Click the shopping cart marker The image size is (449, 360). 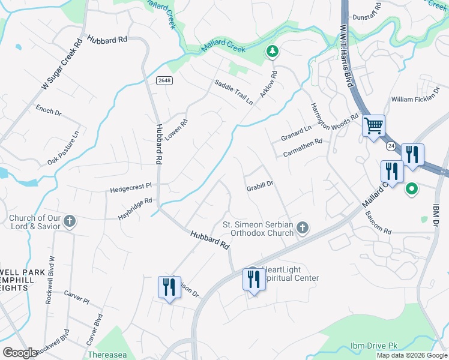(x=373, y=127)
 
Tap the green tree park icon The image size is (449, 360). (x=273, y=52)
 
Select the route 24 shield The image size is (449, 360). (x=391, y=146)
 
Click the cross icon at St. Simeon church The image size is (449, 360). (x=303, y=227)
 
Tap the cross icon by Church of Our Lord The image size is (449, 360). (x=69, y=221)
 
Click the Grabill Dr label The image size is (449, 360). (x=260, y=187)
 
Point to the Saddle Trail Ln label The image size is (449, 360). (x=234, y=93)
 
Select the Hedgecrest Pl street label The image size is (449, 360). (x=131, y=189)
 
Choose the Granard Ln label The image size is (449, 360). (x=297, y=133)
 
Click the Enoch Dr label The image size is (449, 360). (x=49, y=110)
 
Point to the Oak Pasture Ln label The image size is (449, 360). (x=63, y=149)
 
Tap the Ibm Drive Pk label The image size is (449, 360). (x=375, y=347)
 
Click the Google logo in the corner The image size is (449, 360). (x=20, y=353)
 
